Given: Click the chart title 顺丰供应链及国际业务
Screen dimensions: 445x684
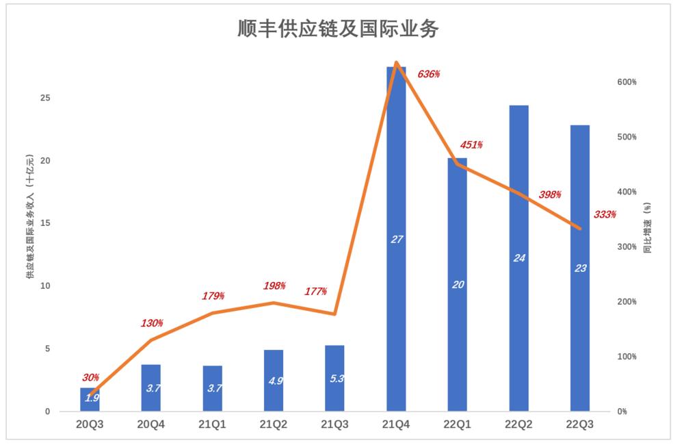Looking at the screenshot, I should [337, 29].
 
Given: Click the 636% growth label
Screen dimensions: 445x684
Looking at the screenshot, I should [429, 74].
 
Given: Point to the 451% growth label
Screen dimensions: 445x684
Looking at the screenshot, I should [471, 145].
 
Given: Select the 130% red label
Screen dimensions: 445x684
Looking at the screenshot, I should [152, 323].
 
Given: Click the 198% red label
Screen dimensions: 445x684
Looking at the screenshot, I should [274, 285].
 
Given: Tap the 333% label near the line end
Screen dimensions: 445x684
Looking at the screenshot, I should [605, 214].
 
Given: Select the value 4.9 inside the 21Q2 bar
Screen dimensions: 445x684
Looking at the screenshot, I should [274, 381].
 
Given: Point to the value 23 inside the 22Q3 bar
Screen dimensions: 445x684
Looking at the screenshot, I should [580, 268].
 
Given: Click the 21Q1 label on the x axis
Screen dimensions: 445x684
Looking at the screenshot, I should [213, 424].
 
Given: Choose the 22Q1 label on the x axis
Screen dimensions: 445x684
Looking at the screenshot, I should [458, 424].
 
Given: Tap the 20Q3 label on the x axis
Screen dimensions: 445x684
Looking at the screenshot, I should [90, 424].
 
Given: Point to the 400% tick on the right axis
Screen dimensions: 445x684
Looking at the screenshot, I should [627, 192].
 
